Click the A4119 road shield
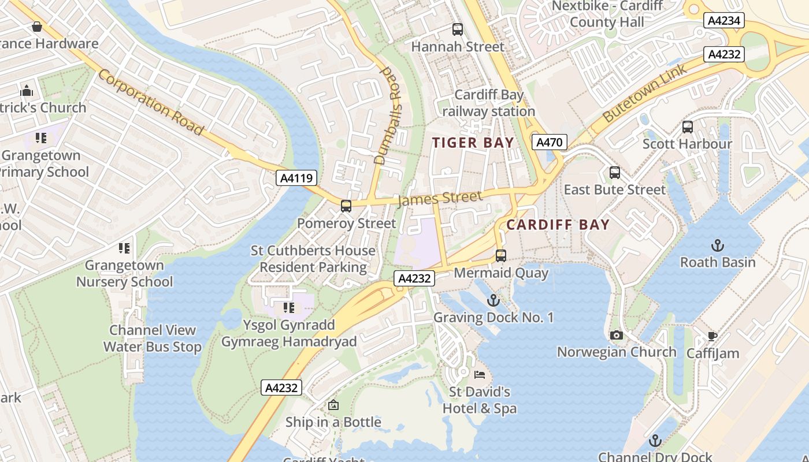[296, 178]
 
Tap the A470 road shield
[550, 142]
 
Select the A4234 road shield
[724, 21]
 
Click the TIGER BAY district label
[473, 143]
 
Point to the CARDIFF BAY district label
[558, 225]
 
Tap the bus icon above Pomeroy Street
[346, 206]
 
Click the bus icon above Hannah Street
[458, 29]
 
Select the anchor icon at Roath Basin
[717, 245]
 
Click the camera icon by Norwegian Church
[617, 335]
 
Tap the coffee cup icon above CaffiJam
[712, 336]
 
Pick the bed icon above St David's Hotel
[480, 375]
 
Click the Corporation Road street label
[151, 102]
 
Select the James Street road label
[440, 198]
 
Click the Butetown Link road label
[645, 93]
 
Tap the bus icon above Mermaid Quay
[501, 255]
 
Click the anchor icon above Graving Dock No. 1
[493, 300]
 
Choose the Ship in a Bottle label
[333, 422]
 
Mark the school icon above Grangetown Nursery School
[124, 248]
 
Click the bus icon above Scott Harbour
[688, 127]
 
